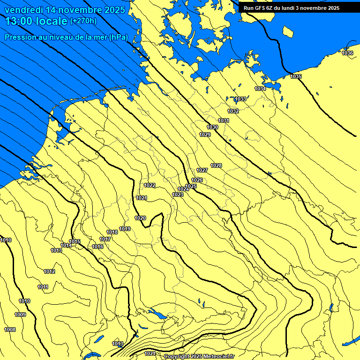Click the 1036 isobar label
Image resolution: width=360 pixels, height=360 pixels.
tap(347, 53)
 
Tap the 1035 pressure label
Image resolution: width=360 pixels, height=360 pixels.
tap(296, 76)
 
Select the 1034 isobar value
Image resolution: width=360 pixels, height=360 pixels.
tap(260, 89)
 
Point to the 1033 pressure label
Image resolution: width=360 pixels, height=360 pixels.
tap(240, 99)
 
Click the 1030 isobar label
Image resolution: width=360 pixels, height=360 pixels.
tap(212, 127)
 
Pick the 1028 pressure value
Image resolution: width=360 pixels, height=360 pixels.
tap(216, 165)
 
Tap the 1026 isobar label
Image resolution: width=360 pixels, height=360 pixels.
tap(197, 180)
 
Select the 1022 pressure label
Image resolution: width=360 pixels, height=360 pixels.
tap(150, 185)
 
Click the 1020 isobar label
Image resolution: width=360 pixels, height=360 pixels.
tap(140, 218)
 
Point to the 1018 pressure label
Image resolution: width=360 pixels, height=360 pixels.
tap(112, 232)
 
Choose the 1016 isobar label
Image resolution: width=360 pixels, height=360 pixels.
tap(97, 247)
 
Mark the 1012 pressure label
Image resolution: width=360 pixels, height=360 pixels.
tap(49, 271)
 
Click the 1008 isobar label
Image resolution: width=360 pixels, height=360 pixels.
tap(10, 330)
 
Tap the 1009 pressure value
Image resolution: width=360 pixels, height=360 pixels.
tap(20, 315)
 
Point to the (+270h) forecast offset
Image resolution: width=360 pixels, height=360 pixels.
tap(83, 21)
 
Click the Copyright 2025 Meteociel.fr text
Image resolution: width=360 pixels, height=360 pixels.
tap(199, 357)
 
